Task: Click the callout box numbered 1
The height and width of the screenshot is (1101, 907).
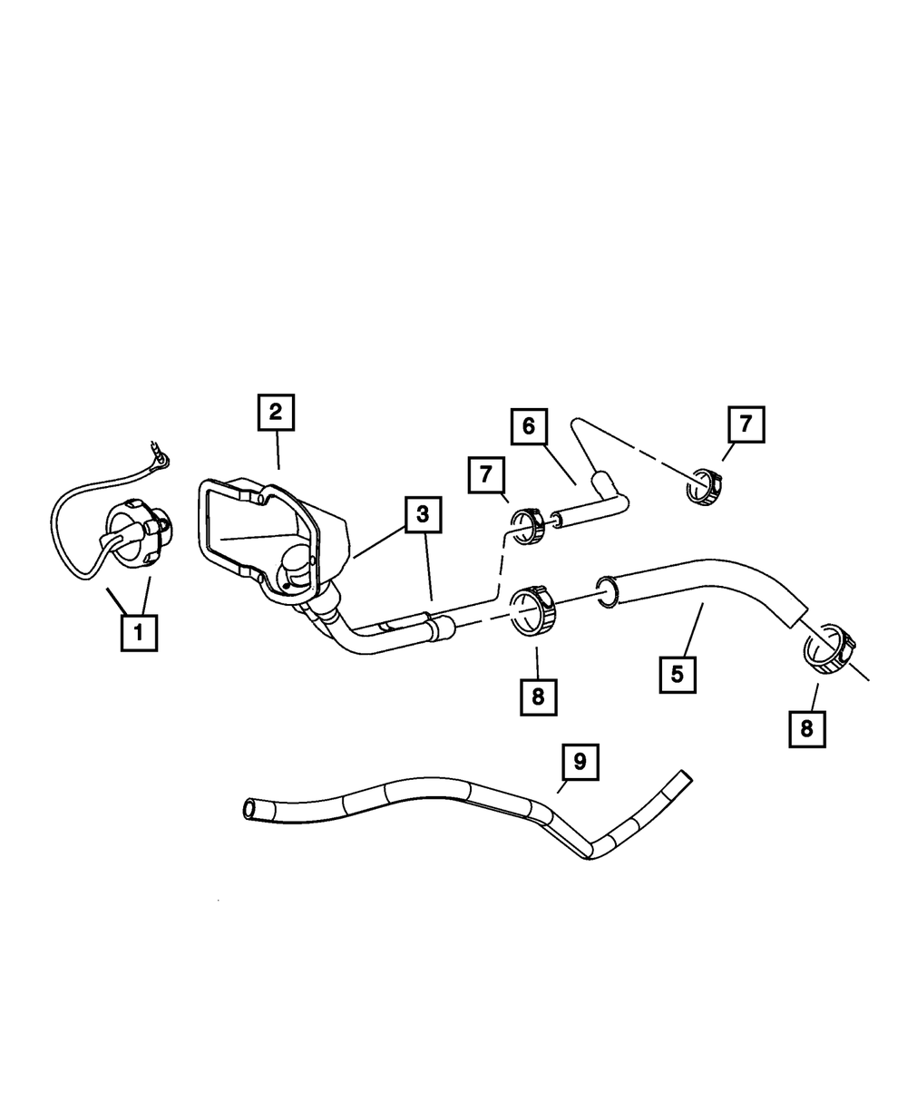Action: coord(139,632)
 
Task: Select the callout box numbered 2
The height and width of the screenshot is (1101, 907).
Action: coord(275,413)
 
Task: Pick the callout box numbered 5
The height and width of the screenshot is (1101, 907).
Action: coord(678,674)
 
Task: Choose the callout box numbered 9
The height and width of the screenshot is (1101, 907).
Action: coord(580,763)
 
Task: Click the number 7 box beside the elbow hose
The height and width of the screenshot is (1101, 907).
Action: coord(487,474)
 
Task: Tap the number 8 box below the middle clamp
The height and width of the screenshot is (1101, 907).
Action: coord(538,696)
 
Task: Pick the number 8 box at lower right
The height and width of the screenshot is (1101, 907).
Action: coord(807,727)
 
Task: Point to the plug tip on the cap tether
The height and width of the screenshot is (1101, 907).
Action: coord(161,453)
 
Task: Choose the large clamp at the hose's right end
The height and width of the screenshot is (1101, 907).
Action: coord(829,649)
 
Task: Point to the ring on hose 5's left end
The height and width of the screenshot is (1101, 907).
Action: coord(607,589)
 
